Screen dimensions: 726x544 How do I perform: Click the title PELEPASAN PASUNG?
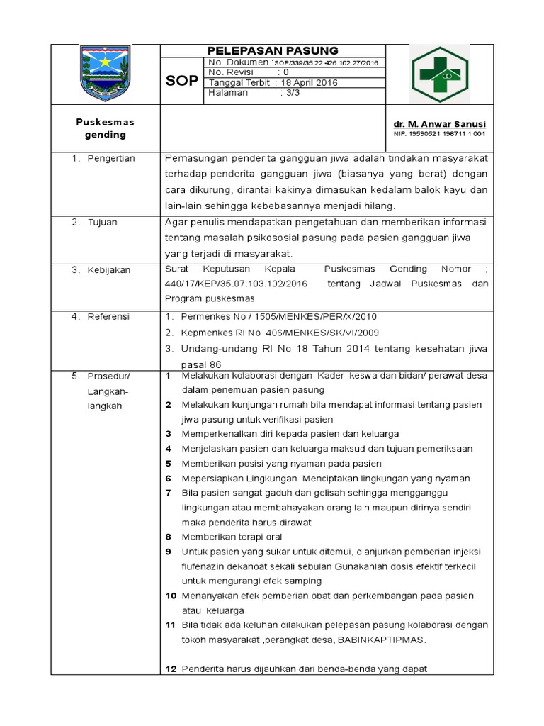[273, 50]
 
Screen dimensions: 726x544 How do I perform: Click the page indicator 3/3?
[290, 93]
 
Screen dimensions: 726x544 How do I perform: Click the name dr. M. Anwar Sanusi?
[439, 123]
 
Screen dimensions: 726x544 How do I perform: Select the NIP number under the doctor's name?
[439, 133]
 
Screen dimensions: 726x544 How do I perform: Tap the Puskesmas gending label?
[105, 128]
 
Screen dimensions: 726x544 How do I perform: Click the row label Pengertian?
[111, 158]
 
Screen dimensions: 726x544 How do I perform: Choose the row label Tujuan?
[103, 223]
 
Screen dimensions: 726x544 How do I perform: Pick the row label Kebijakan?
[109, 270]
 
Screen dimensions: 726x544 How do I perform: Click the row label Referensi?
[108, 317]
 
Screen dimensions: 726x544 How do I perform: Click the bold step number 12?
[171, 669]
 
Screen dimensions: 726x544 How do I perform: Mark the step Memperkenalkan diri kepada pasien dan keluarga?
[290, 433]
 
